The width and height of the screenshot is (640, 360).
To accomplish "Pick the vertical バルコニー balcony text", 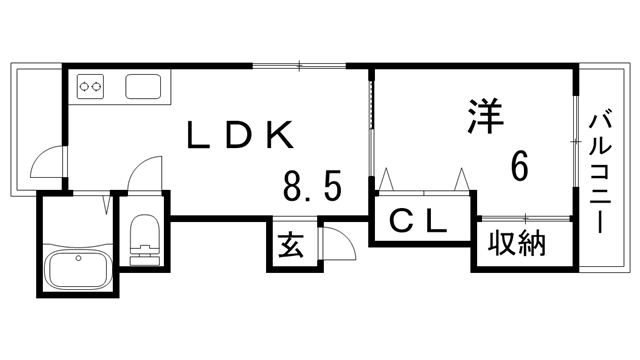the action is click(602, 170).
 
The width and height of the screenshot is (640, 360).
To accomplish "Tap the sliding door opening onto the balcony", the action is click(576, 140).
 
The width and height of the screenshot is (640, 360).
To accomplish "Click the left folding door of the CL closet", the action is click(389, 181).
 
